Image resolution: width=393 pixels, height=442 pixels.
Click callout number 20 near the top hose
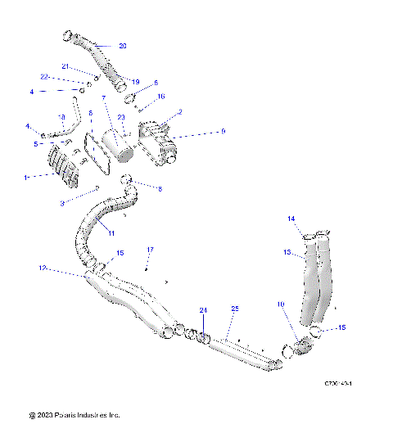pyautogui.click(x=122, y=46)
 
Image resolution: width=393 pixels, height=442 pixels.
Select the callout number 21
pyautogui.click(x=65, y=66)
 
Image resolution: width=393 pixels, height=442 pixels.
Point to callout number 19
pyautogui.click(x=136, y=82)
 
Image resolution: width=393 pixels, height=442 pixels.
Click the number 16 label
pyautogui.click(x=160, y=96)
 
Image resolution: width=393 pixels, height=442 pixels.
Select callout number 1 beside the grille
pyautogui.click(x=26, y=176)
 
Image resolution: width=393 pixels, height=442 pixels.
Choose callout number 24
pyautogui.click(x=204, y=309)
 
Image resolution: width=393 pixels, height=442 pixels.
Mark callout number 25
pyautogui.click(x=234, y=309)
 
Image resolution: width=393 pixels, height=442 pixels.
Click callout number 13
pyautogui.click(x=287, y=253)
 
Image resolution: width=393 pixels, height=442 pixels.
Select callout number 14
pyautogui.click(x=290, y=219)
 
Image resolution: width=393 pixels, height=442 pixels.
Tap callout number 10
pyautogui.click(x=280, y=304)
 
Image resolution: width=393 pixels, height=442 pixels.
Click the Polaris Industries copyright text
pyautogui.click(x=75, y=416)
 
